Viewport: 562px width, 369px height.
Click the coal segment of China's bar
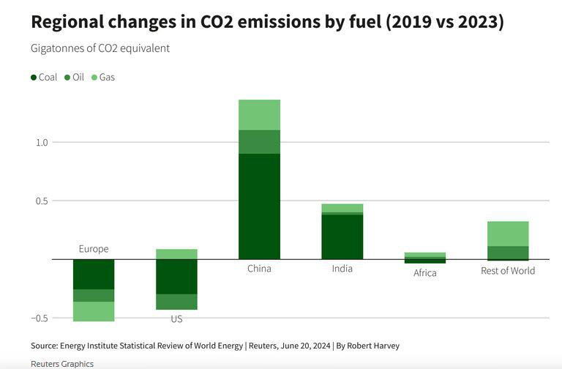(259, 206)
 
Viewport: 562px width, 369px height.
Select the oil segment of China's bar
(259, 141)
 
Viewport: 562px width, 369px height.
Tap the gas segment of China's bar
(259, 114)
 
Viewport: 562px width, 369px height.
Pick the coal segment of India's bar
(342, 236)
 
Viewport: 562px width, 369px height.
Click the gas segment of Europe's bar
(94, 311)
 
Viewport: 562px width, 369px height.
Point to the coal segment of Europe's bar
(94, 274)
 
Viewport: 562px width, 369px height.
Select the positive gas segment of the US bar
(176, 254)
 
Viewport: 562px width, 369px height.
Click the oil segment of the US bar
(176, 302)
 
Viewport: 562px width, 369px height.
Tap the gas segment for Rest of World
(508, 234)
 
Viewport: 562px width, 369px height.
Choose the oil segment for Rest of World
(508, 253)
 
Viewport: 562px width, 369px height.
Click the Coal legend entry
(44, 77)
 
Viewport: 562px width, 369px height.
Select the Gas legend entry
(103, 77)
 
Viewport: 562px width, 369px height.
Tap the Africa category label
(424, 273)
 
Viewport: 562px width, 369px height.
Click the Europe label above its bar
(94, 249)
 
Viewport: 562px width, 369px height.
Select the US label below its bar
(176, 319)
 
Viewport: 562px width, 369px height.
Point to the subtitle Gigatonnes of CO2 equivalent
(100, 48)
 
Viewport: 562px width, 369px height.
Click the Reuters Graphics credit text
(62, 363)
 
